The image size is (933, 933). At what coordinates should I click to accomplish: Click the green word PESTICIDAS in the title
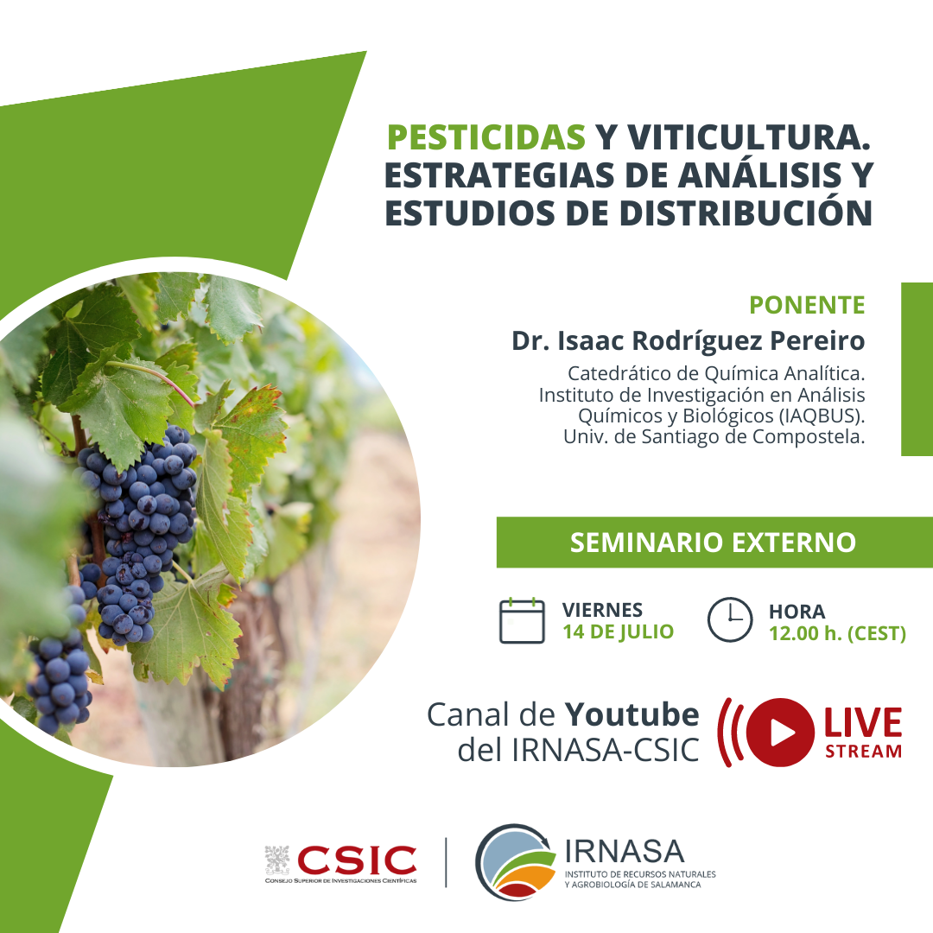[x=486, y=137]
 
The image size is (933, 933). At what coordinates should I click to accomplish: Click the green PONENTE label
[x=807, y=305]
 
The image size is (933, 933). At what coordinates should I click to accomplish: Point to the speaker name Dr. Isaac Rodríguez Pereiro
[x=689, y=341]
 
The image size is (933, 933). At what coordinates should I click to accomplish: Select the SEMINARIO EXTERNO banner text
[x=713, y=543]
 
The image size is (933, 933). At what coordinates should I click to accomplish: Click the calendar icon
[x=522, y=620]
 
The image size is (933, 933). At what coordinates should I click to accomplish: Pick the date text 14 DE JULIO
[x=619, y=632]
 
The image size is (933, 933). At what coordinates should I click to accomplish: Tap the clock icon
[x=730, y=619]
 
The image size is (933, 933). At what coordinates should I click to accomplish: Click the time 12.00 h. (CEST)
[x=837, y=634]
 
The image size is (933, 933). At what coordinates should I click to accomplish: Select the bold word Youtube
[x=632, y=714]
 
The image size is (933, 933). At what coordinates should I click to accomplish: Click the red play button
[x=780, y=733]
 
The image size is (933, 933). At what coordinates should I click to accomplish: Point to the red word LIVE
[x=863, y=723]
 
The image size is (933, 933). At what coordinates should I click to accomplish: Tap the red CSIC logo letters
[x=357, y=860]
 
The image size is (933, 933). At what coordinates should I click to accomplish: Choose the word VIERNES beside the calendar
[x=602, y=611]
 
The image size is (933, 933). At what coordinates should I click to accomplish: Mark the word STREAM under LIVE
[x=863, y=752]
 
